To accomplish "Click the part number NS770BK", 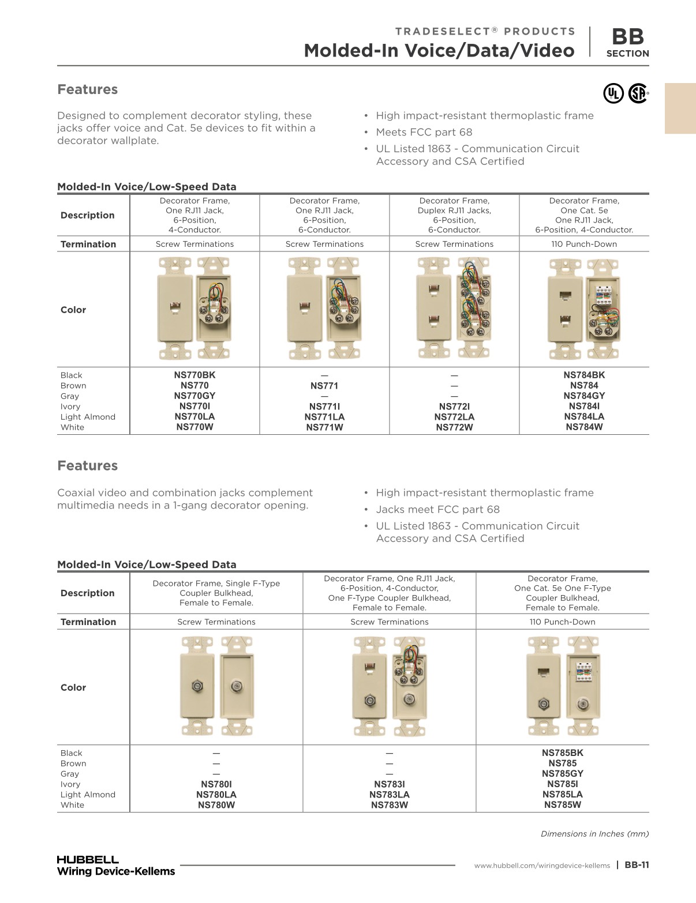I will (194, 375).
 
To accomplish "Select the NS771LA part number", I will (324, 417).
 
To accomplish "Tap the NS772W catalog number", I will (454, 427).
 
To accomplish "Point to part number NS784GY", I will (584, 396).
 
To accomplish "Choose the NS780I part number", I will (216, 784).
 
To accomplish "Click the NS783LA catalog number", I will (390, 795).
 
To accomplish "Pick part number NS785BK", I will (562, 752).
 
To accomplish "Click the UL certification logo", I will (613, 93).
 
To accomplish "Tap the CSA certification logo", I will (638, 93).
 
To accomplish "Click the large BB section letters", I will (627, 37).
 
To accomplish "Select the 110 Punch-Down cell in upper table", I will (584, 244).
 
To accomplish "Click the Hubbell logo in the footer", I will (88, 859).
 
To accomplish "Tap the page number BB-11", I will (637, 865).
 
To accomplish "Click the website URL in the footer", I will (542, 866).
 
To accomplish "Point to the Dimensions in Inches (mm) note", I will (594, 834).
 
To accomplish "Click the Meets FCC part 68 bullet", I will (424, 132).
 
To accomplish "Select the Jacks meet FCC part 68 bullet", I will (437, 509).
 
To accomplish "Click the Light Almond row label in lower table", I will (88, 795).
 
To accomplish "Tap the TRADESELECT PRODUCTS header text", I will (485, 31).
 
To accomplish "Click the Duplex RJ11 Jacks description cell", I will (454, 215).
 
